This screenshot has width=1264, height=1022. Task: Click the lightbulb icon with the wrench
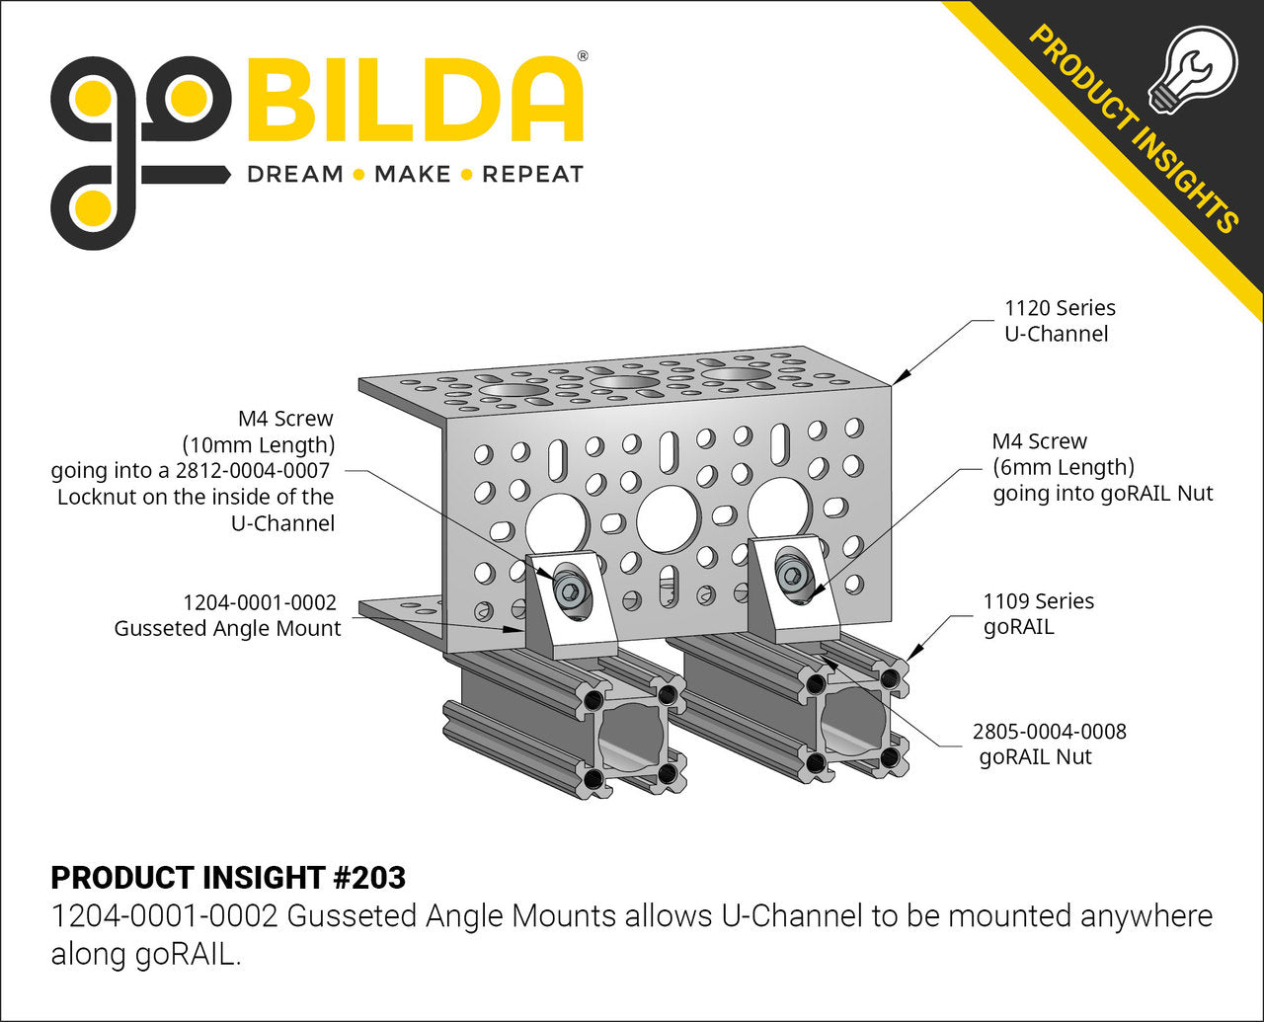pos(1193,70)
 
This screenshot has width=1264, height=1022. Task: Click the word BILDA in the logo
pos(416,99)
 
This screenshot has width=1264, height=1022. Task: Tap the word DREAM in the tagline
pos(295,175)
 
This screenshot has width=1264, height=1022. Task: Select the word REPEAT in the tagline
pos(533,175)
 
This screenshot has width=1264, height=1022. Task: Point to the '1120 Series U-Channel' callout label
pos(1060,321)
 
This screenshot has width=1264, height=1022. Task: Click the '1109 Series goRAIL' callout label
pos(1039,613)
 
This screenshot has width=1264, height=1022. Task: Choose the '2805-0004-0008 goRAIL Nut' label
pos(1049,745)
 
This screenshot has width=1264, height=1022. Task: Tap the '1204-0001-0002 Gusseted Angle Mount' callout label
pos(228,615)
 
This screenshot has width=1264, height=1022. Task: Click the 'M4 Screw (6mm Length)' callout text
pos(1064,454)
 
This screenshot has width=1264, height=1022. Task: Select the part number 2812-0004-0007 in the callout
pos(252,471)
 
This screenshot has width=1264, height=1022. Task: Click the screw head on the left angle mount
pos(571,590)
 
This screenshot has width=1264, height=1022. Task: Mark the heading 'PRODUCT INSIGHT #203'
pos(228,878)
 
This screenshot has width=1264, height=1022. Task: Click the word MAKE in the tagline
pos(413,175)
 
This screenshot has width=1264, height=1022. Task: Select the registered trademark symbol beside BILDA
pos(583,56)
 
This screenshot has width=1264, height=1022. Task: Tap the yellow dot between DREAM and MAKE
pos(358,175)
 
